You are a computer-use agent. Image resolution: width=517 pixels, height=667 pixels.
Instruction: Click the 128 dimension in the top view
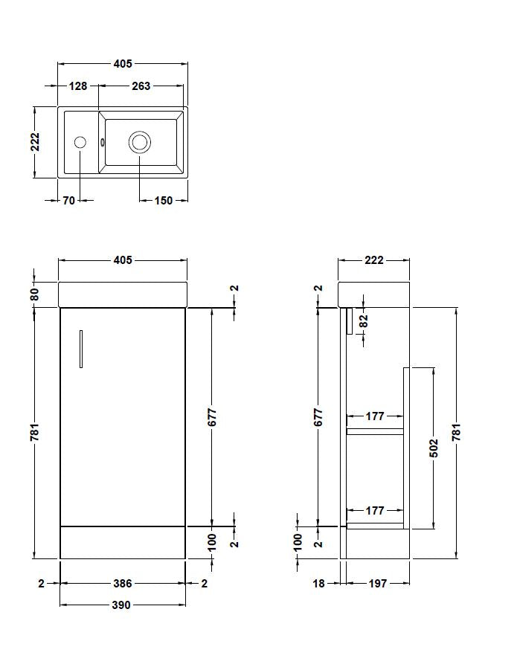pyautogui.click(x=78, y=86)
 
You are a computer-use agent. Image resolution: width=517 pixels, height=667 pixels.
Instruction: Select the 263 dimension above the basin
pyautogui.click(x=141, y=86)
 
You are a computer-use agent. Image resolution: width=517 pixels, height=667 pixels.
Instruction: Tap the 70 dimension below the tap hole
pyautogui.click(x=68, y=200)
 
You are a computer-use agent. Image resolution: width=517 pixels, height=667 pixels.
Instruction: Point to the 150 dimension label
pyautogui.click(x=163, y=200)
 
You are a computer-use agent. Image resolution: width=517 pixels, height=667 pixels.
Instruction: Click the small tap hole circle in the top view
pyautogui.click(x=80, y=141)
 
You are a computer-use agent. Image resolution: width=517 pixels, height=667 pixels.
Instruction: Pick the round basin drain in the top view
pyautogui.click(x=139, y=141)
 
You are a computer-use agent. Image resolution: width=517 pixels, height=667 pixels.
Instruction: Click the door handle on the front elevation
pyautogui.click(x=80, y=349)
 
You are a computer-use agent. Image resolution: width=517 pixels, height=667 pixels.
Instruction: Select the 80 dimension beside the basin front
pyautogui.click(x=34, y=294)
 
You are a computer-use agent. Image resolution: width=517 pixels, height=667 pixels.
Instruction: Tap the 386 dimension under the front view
pyautogui.click(x=122, y=584)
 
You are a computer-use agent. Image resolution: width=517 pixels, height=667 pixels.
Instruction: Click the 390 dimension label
pyautogui.click(x=121, y=605)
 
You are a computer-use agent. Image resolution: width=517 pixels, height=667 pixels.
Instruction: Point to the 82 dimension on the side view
pyautogui.click(x=364, y=320)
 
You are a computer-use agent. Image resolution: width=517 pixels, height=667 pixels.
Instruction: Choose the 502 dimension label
pyautogui.click(x=434, y=448)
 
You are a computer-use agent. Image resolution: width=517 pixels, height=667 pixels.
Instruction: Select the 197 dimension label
pyautogui.click(x=377, y=584)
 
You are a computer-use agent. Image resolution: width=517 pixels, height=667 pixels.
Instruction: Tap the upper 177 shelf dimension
pyautogui.click(x=375, y=416)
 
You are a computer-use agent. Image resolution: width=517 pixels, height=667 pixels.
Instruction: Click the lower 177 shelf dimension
pyautogui.click(x=375, y=511)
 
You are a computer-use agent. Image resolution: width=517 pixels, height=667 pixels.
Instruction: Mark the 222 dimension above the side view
pyautogui.click(x=373, y=260)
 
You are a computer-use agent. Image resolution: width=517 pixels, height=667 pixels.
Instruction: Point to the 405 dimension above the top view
pyautogui.click(x=123, y=65)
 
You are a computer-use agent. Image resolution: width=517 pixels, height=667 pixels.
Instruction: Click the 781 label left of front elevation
pyautogui.click(x=34, y=432)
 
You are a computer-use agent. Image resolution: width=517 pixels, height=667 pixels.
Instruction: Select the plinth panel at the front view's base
pyautogui.click(x=123, y=543)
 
